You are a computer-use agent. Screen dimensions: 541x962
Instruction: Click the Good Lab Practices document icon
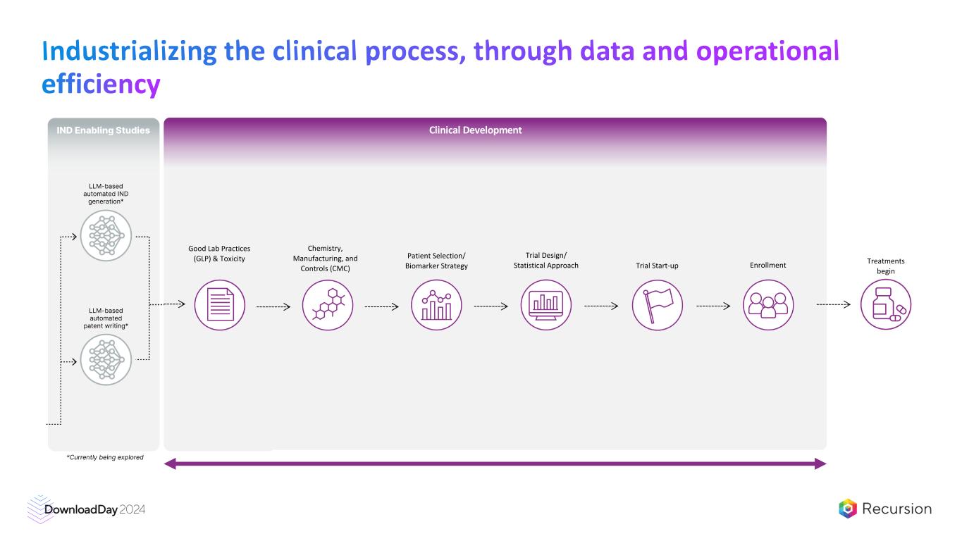coord(219,305)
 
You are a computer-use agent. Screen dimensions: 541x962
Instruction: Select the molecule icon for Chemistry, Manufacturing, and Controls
coord(328,305)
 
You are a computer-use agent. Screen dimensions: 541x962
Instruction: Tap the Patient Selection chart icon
coord(436,305)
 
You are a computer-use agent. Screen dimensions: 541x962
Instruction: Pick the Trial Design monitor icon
coord(546,305)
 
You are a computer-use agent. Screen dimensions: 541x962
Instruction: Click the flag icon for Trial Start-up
coord(657,305)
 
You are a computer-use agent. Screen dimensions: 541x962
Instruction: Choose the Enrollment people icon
coord(768,305)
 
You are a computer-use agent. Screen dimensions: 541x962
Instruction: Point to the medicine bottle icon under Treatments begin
coord(886,305)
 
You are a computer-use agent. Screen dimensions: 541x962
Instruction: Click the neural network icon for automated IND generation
coord(106,236)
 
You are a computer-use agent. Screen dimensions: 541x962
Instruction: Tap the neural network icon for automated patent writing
coord(106,360)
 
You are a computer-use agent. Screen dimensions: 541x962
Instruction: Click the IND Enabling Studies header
coord(103,130)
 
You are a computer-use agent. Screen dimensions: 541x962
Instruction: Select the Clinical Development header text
coord(475,130)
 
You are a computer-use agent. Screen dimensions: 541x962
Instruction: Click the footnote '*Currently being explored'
coord(105,457)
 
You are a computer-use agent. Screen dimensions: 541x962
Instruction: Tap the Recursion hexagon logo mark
coord(848,509)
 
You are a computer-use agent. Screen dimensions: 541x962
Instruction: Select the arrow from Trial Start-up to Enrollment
coord(713,306)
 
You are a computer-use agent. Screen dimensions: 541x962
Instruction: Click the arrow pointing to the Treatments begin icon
coord(833,305)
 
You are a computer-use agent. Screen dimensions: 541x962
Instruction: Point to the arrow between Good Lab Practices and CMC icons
coord(273,306)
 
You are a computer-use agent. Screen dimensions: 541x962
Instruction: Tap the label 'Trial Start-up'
coord(657,266)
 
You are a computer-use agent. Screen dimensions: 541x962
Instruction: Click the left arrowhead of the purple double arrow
coord(169,464)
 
